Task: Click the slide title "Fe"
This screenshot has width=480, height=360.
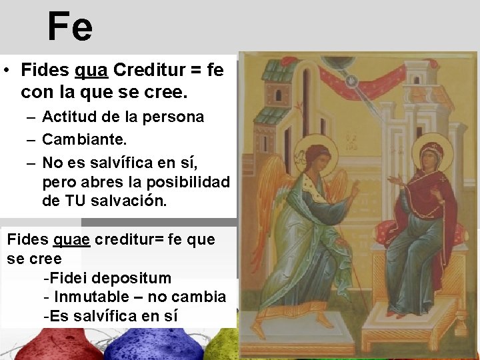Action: tap(69, 27)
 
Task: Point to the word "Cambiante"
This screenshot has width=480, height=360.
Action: tap(82, 141)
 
